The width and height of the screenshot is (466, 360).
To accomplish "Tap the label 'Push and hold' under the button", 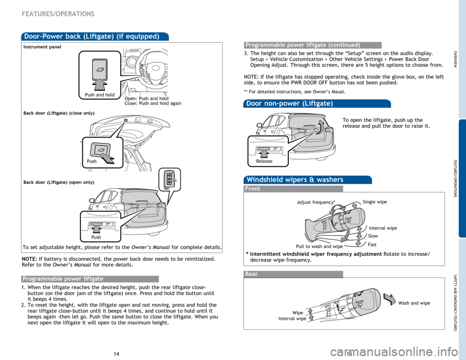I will pyautogui.click(x=99, y=95).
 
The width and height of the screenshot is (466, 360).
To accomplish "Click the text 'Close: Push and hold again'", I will pyautogui.click(x=153, y=103).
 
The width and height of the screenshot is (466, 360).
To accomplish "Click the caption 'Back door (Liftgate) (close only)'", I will pyautogui.click(x=59, y=113).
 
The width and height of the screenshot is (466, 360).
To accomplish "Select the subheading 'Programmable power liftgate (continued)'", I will pyautogui.click(x=302, y=45).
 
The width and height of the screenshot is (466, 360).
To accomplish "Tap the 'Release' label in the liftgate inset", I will pyautogui.click(x=264, y=161).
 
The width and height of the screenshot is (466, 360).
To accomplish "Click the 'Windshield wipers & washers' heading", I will pyautogui.click(x=294, y=180).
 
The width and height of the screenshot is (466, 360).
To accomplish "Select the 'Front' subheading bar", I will pyautogui.click(x=252, y=189).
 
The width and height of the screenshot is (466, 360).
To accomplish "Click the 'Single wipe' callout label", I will pyautogui.click(x=375, y=202).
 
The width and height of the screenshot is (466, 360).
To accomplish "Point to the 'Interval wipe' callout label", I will pyautogui.click(x=383, y=228).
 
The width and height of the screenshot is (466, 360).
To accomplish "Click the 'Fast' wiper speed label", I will pyautogui.click(x=372, y=245).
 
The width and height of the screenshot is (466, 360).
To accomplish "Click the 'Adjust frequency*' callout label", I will pyautogui.click(x=315, y=202).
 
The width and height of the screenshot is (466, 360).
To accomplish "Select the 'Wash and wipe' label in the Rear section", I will pyautogui.click(x=414, y=303).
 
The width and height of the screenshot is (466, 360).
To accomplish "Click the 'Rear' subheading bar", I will pyautogui.click(x=251, y=274).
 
